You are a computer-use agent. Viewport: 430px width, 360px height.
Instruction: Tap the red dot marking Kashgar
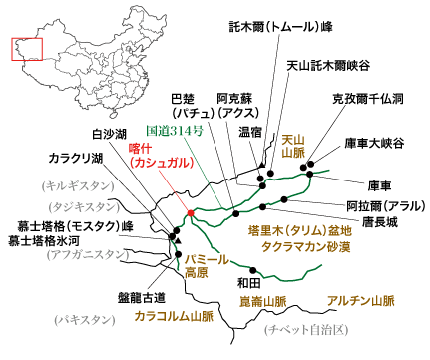(190, 213)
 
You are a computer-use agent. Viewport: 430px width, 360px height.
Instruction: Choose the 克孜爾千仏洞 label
(369, 100)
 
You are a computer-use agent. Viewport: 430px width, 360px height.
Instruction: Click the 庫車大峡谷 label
(374, 143)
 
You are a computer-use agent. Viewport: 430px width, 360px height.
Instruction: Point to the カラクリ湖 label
(75, 157)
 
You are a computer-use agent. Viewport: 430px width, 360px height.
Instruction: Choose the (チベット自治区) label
(302, 329)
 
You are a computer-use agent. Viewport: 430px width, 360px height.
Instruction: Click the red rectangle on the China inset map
(22, 50)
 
